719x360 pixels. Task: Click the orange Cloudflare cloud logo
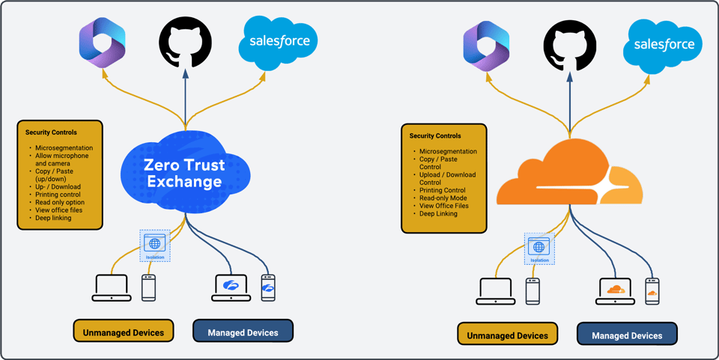pyautogui.click(x=570, y=177)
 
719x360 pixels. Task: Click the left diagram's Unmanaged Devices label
pyautogui.click(x=123, y=330)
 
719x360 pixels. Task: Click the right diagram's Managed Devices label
pyautogui.click(x=627, y=335)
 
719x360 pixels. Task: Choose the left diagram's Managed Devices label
pyautogui.click(x=243, y=331)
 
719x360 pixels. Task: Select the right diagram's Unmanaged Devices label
pyautogui.click(x=507, y=335)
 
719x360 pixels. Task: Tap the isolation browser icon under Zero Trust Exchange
pyautogui.click(x=155, y=245)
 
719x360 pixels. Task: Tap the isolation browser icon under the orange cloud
pyautogui.click(x=539, y=248)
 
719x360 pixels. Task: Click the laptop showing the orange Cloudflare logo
pyautogui.click(x=616, y=291)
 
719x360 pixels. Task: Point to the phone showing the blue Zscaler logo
pyautogui.click(x=268, y=287)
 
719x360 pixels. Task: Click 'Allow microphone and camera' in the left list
pyautogui.click(x=61, y=159)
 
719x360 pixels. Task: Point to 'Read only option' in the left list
pyautogui.click(x=60, y=202)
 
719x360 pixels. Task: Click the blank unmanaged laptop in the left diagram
pyautogui.click(x=112, y=288)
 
